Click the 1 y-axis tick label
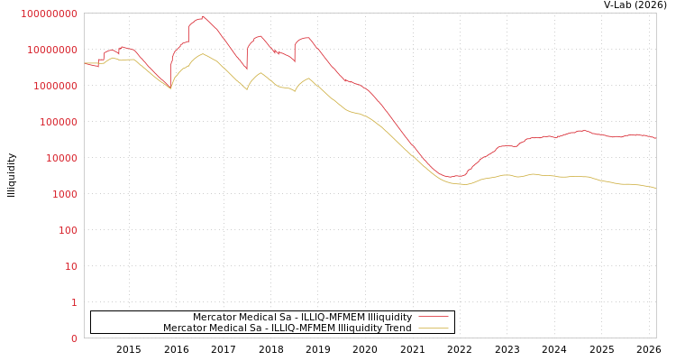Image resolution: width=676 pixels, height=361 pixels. click(73, 302)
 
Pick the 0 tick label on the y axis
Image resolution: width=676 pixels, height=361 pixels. click(73, 338)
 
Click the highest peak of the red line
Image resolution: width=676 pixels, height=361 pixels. click(203, 16)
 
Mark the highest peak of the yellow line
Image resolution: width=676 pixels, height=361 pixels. click(203, 54)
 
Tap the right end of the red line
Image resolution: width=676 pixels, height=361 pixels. click(655, 138)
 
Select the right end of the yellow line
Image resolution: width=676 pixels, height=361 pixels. click(655, 188)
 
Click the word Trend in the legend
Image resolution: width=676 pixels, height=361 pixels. click(397, 329)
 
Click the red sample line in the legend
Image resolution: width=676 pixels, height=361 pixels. click(434, 318)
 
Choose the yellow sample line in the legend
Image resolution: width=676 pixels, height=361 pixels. click(434, 329)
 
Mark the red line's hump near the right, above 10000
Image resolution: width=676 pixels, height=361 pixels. click(582, 130)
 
